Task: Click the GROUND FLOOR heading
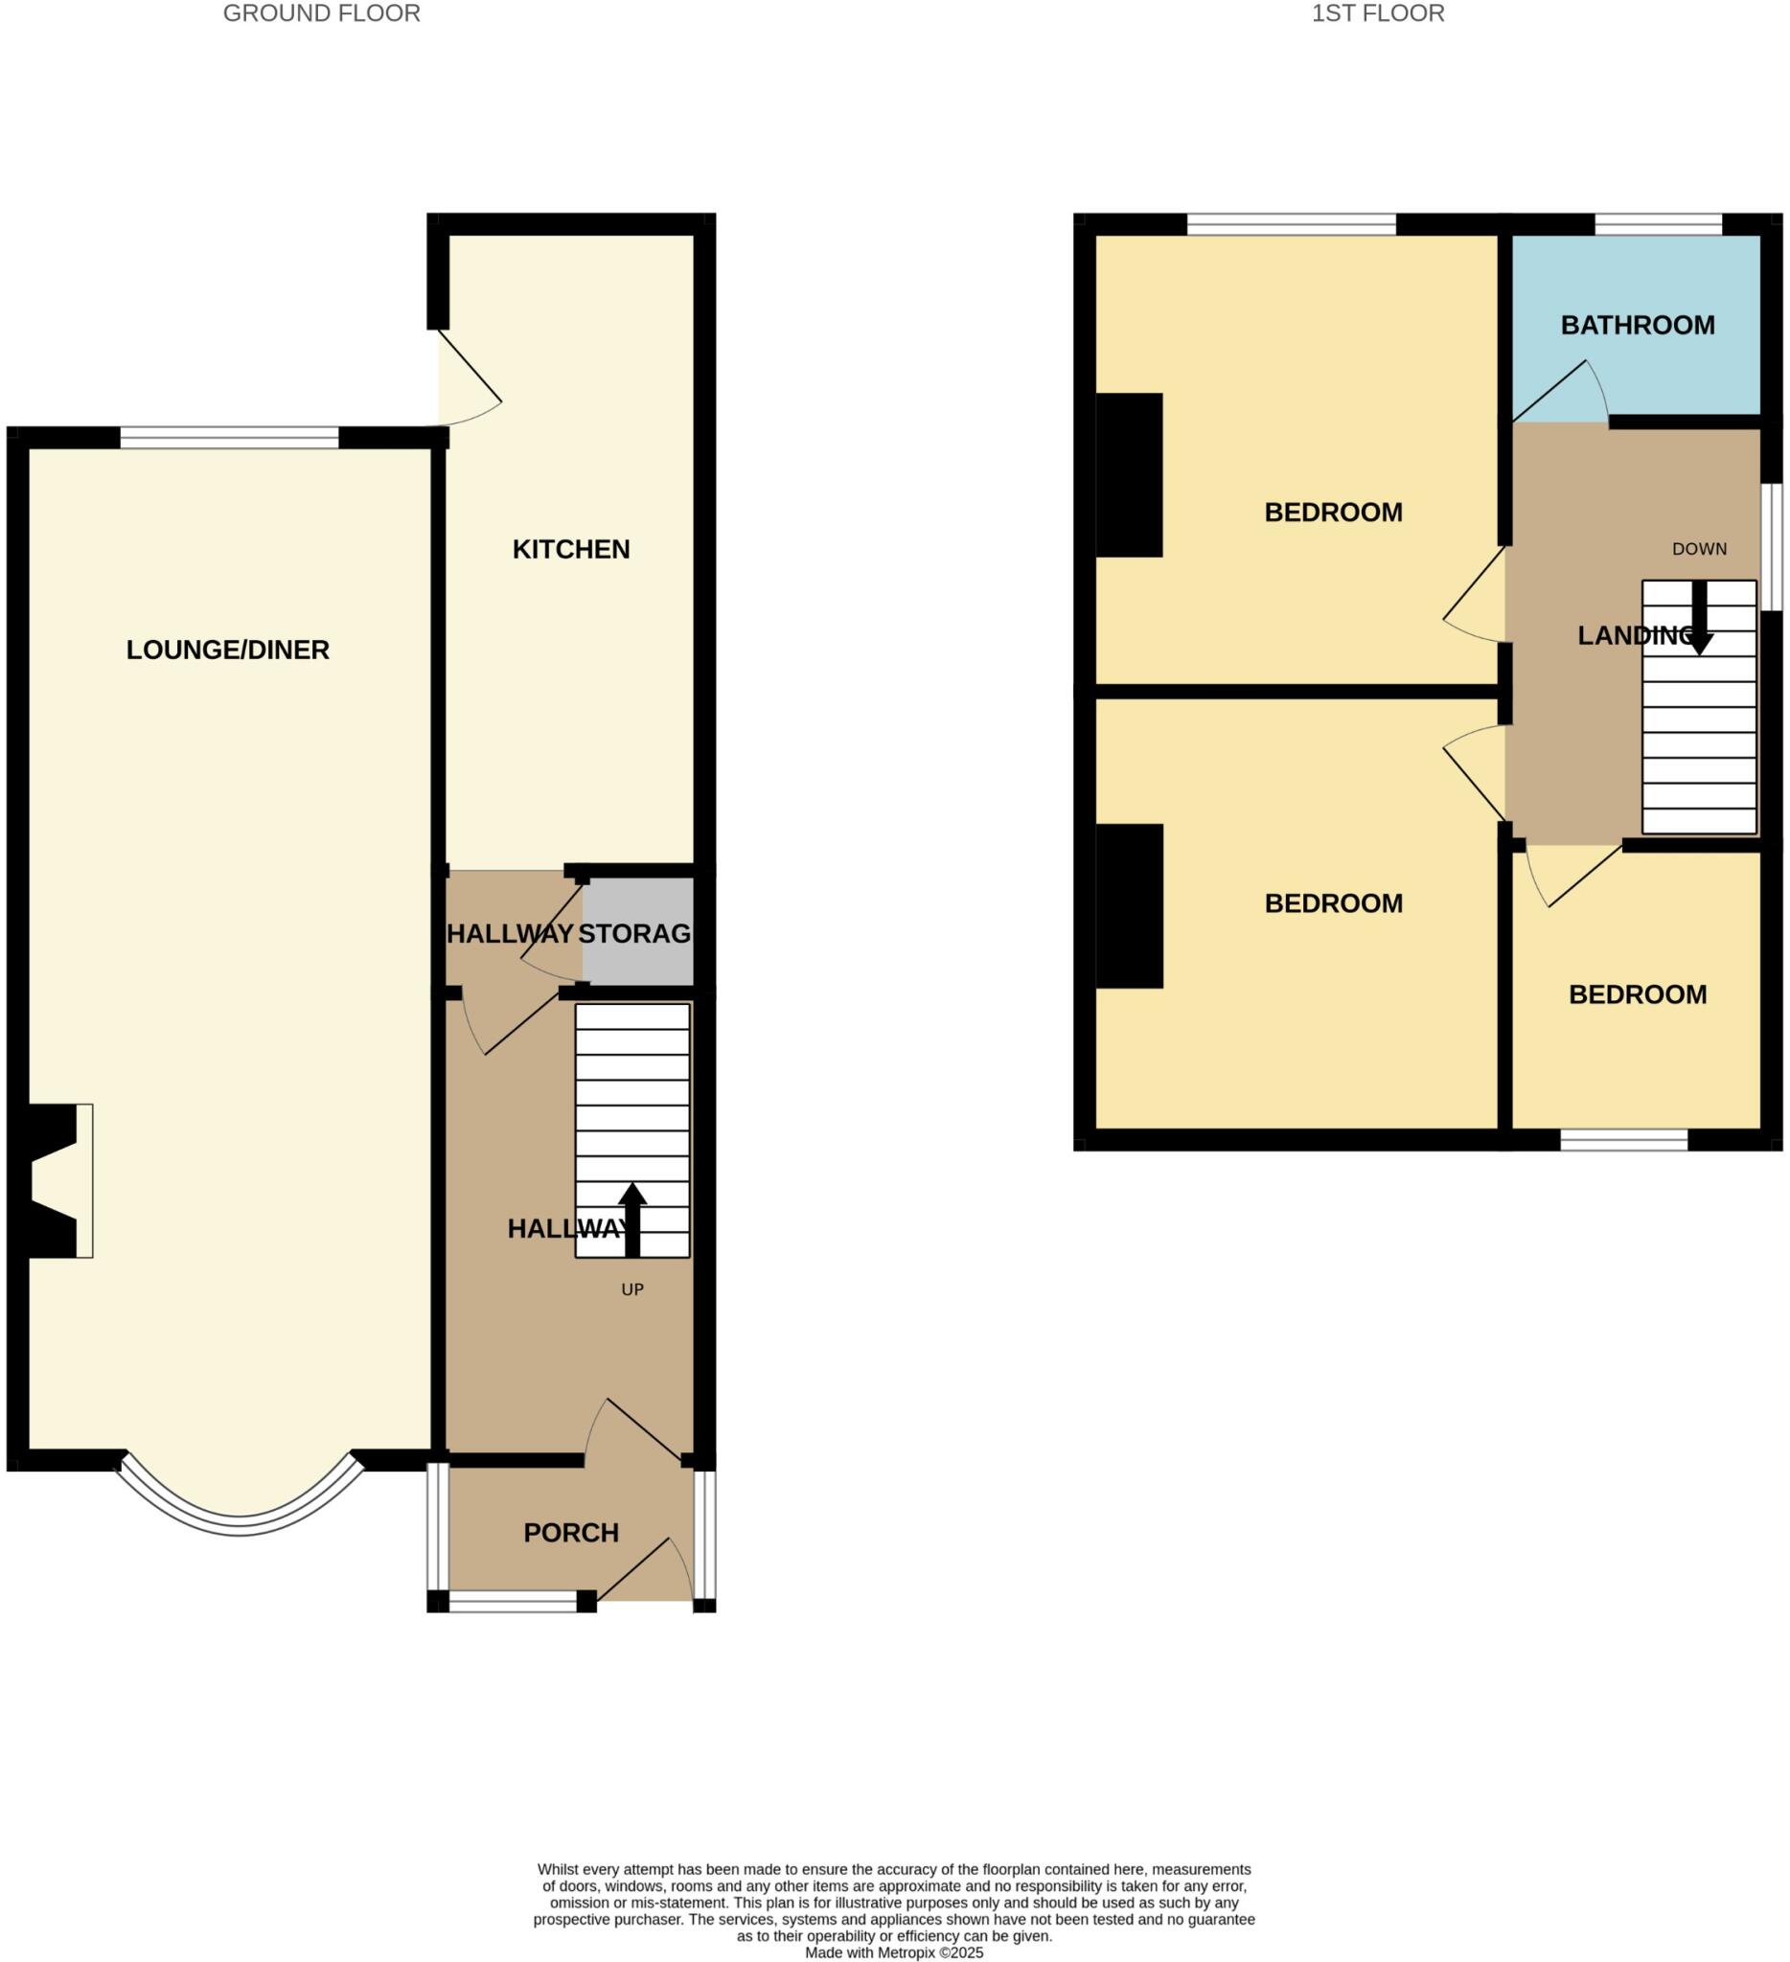click(321, 13)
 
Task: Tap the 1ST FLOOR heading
click(1377, 13)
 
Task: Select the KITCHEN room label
click(570, 550)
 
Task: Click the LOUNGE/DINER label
click(228, 650)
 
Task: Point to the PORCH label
click(570, 1534)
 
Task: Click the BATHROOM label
click(1638, 325)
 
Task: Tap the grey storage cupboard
click(637, 931)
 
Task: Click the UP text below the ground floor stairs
click(631, 1290)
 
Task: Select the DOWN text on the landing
click(1699, 549)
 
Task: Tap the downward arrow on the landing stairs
click(1700, 618)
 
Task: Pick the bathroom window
click(1657, 225)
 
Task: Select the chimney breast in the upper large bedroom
click(1129, 475)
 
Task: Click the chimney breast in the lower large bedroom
click(1129, 906)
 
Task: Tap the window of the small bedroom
click(1622, 1140)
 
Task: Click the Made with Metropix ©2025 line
click(893, 1952)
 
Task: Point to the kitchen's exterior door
click(470, 379)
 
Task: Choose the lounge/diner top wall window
click(229, 438)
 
